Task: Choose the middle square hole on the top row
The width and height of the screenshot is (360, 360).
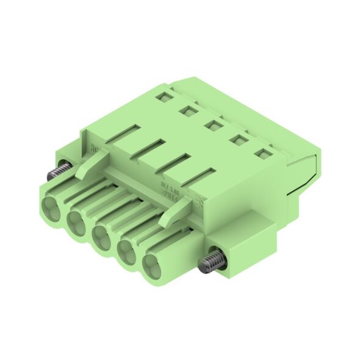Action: (x=212, y=126)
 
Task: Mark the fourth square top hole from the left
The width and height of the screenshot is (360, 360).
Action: (x=237, y=141)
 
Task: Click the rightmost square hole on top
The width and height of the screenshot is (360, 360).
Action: (x=262, y=156)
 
